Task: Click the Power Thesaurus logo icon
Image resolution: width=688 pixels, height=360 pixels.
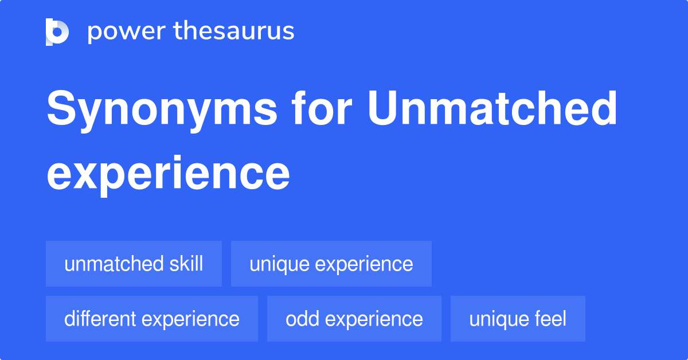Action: tap(57, 32)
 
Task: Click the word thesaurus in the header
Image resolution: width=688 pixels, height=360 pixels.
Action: tap(234, 32)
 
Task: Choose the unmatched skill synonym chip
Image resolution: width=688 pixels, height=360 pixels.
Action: tap(134, 264)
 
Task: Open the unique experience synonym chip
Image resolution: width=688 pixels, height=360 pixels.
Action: tap(331, 264)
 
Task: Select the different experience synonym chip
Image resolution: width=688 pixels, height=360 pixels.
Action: tap(151, 319)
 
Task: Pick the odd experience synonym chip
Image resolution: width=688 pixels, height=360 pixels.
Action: tap(354, 319)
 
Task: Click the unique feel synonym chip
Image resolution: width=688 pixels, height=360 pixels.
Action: tap(517, 319)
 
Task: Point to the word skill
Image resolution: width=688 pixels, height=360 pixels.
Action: tap(186, 264)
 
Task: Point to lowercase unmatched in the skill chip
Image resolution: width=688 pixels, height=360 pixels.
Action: tap(114, 264)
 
